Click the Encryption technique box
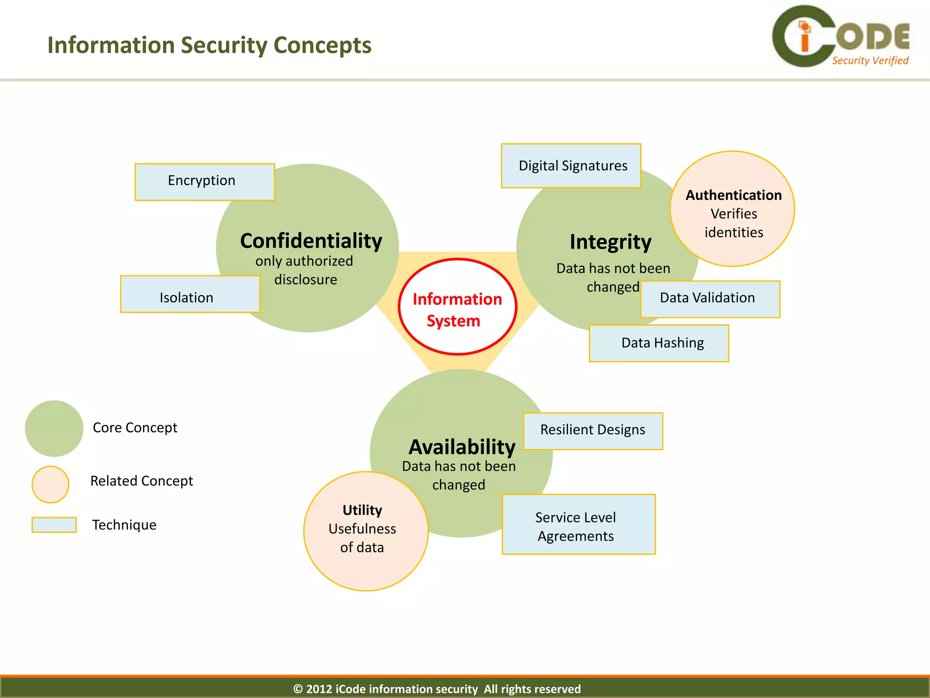click(205, 182)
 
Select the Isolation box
click(190, 294)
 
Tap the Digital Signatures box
click(571, 166)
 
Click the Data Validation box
click(710, 299)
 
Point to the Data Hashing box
click(658, 343)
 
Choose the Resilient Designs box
click(593, 431)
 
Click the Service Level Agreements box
click(579, 524)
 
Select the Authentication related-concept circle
click(732, 209)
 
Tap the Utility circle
click(366, 531)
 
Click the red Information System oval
click(457, 307)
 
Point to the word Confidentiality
click(311, 241)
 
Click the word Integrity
click(610, 242)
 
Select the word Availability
click(462, 447)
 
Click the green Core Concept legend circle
click(54, 428)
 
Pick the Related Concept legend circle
click(50, 484)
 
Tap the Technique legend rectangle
click(54, 524)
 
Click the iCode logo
click(840, 36)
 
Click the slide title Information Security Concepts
click(209, 45)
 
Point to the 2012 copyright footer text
click(437, 688)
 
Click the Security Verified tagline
click(870, 60)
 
